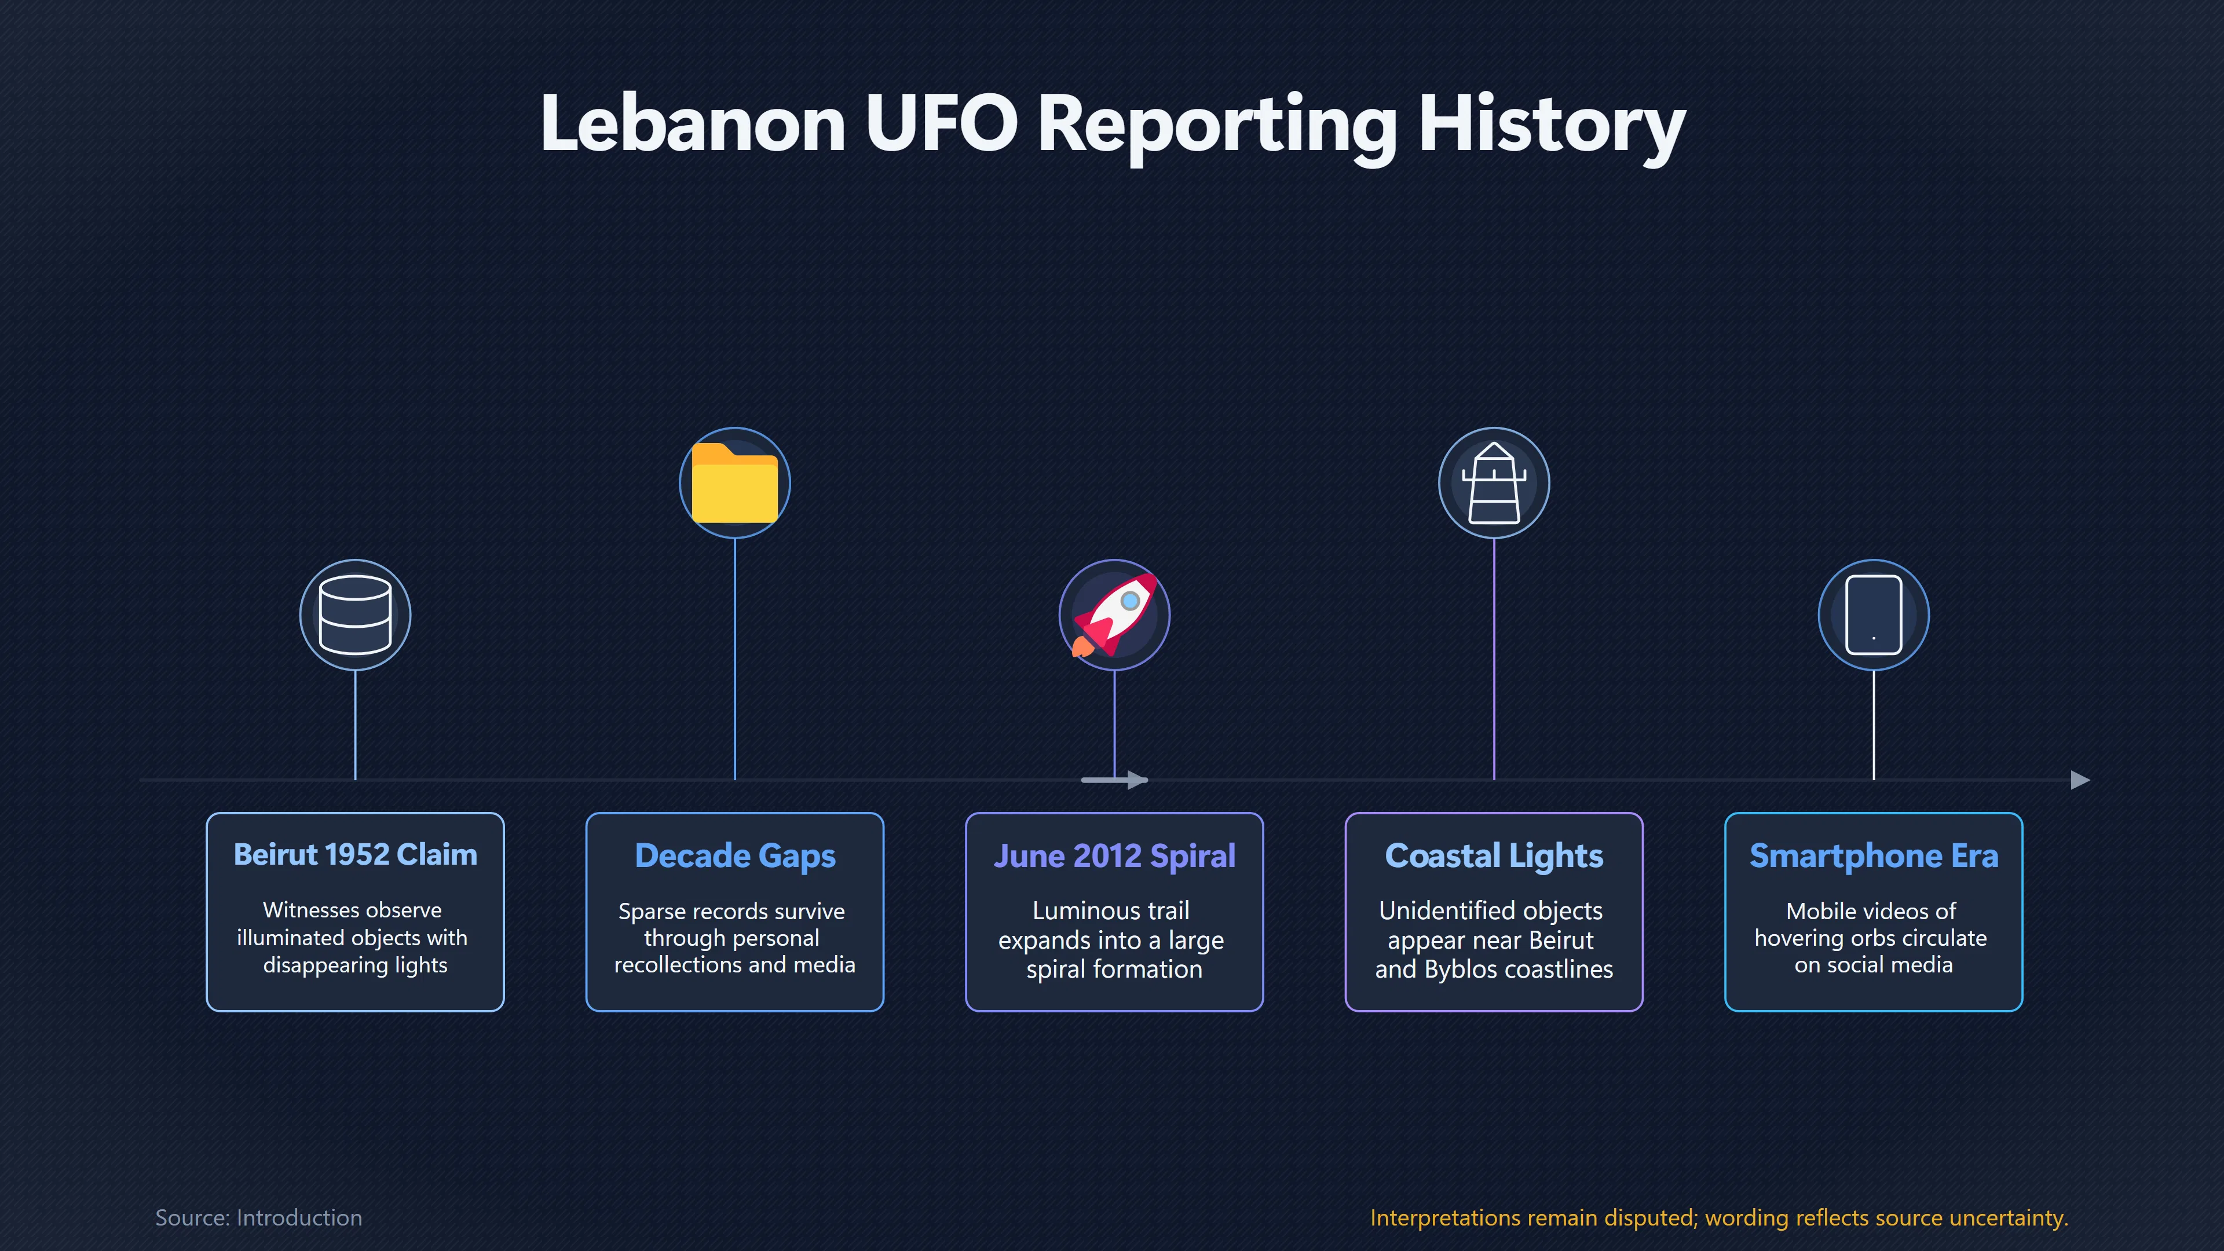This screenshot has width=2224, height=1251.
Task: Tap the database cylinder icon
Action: pyautogui.click(x=355, y=614)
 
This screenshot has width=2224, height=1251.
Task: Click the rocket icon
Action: pyautogui.click(x=1114, y=614)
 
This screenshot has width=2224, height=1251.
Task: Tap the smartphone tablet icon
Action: pyautogui.click(x=1874, y=614)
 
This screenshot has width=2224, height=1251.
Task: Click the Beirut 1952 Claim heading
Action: pyautogui.click(x=355, y=855)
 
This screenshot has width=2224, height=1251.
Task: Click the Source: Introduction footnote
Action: pyautogui.click(x=258, y=1217)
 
